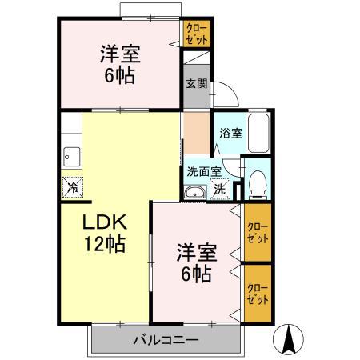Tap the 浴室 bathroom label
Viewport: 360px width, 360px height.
coord(231,134)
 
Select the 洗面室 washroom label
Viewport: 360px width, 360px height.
coord(203,170)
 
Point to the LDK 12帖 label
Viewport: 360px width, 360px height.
coord(103,233)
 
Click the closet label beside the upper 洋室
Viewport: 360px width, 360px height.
coord(195,34)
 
